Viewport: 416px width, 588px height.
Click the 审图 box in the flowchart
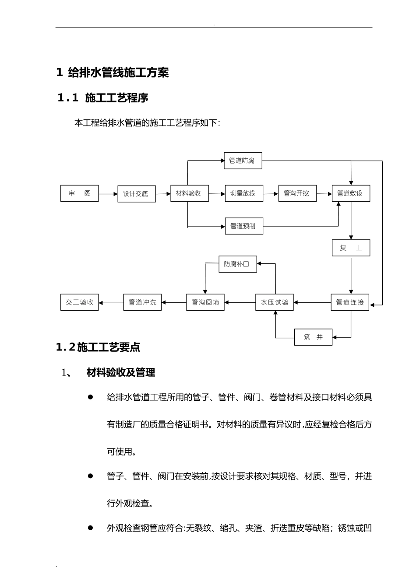coord(79,193)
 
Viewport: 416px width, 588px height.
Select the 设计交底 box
coord(136,194)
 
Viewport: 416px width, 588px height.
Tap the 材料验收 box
coord(189,193)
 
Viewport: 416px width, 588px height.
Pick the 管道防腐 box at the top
coord(243,161)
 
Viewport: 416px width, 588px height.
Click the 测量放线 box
coord(244,193)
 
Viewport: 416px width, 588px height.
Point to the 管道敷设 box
coord(351,193)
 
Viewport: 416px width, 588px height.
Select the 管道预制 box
coord(244,226)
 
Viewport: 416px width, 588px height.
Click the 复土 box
coord(351,248)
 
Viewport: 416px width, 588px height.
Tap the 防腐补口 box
coord(237,264)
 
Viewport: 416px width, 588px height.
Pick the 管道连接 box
coord(350,302)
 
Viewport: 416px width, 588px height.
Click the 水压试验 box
coord(275,302)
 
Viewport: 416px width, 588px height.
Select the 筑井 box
coord(313,337)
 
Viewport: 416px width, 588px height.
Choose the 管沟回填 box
coord(205,302)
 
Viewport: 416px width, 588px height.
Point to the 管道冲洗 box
coord(142,302)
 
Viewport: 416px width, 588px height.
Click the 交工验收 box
coord(79,302)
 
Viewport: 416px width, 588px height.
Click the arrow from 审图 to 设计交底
coord(108,193)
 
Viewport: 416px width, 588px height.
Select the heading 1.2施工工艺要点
coord(98,348)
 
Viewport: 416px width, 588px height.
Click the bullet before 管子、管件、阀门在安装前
coord(91,476)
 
